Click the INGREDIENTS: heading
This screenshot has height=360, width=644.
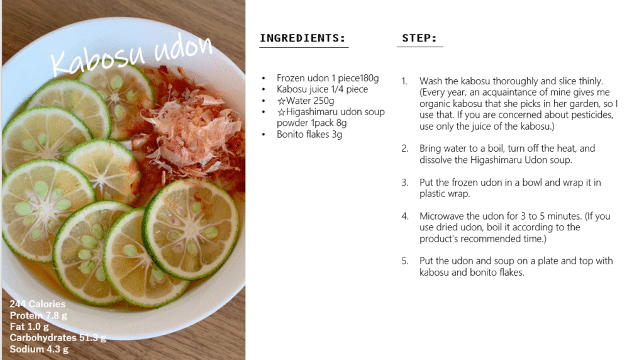[303, 38]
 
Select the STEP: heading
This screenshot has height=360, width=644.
[419, 38]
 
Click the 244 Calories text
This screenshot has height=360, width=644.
[37, 304]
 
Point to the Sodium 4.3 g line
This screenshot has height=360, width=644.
[39, 349]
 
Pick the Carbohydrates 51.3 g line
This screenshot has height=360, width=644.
[58, 338]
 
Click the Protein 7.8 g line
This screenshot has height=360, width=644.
[38, 315]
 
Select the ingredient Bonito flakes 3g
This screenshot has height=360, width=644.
[309, 135]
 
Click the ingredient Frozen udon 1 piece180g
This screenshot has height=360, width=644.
[328, 78]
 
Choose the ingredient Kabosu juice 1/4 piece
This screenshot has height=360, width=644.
[323, 89]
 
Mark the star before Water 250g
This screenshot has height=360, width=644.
[281, 101]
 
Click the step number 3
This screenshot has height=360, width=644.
[405, 183]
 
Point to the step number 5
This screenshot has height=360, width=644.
[405, 261]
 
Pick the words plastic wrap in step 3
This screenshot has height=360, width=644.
[445, 194]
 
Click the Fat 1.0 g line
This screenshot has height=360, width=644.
[29, 327]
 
